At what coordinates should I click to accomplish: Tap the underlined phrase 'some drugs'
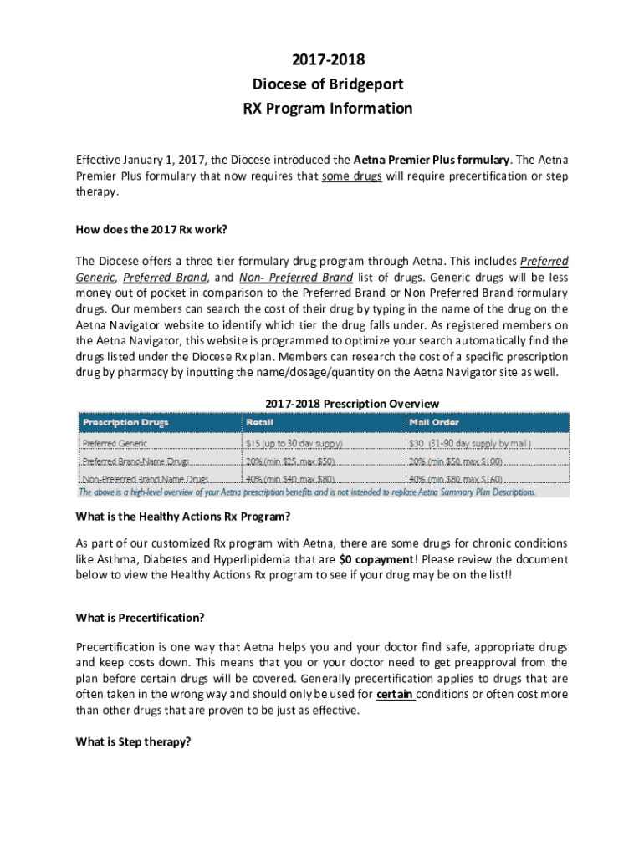click(x=351, y=176)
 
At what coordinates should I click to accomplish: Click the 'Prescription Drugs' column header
click(x=125, y=423)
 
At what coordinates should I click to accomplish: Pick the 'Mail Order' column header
click(x=433, y=423)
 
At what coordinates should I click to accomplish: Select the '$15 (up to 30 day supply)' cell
click(x=294, y=443)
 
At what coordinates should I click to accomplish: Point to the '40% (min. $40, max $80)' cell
click(x=289, y=480)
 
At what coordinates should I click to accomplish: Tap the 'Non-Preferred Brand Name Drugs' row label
click(x=146, y=480)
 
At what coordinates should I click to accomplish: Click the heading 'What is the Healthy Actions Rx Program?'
click(x=183, y=516)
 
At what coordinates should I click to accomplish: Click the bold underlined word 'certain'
click(x=395, y=695)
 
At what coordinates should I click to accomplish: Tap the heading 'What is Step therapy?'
click(x=134, y=741)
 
